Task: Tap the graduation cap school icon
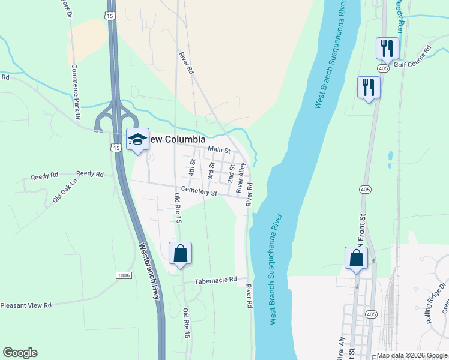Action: click(x=137, y=140)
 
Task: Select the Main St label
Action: click(x=220, y=149)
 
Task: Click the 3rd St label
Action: click(x=211, y=169)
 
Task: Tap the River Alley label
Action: click(x=241, y=178)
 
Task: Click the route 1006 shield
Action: click(x=124, y=275)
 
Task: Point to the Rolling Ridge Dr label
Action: click(x=436, y=303)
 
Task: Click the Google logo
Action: click(x=20, y=353)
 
